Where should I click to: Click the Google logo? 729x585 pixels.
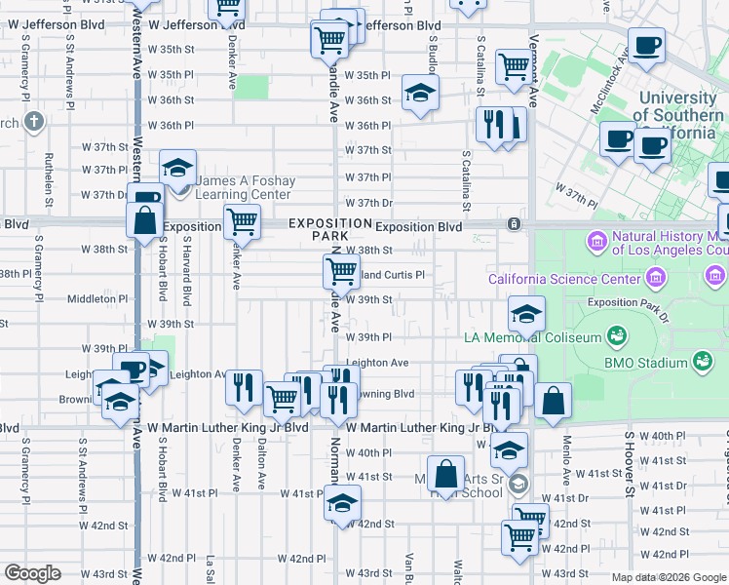32,573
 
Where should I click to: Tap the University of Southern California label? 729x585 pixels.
678,115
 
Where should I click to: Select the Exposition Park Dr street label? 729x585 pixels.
626,303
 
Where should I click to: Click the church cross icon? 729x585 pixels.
34,122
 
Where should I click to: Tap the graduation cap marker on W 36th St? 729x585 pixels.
420,93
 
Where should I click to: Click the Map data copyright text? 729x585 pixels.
670,577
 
